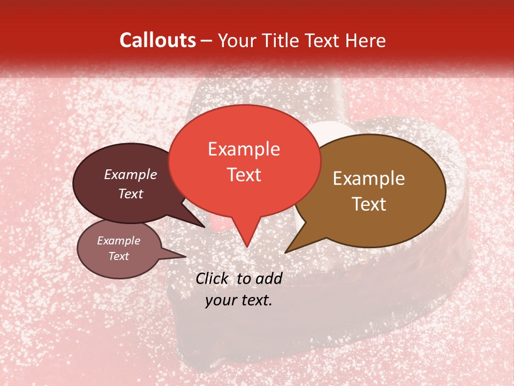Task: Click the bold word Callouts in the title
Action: (157, 40)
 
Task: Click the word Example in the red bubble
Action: (244, 149)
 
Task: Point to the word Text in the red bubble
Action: (244, 175)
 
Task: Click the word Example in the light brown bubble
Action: (369, 179)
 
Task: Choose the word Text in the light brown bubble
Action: (369, 204)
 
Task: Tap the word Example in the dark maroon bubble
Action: (130, 174)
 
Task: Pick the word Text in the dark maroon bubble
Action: (130, 194)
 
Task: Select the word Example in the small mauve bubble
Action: (118, 241)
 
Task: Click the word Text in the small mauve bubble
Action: (118, 256)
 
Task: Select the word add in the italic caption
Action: (270, 278)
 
